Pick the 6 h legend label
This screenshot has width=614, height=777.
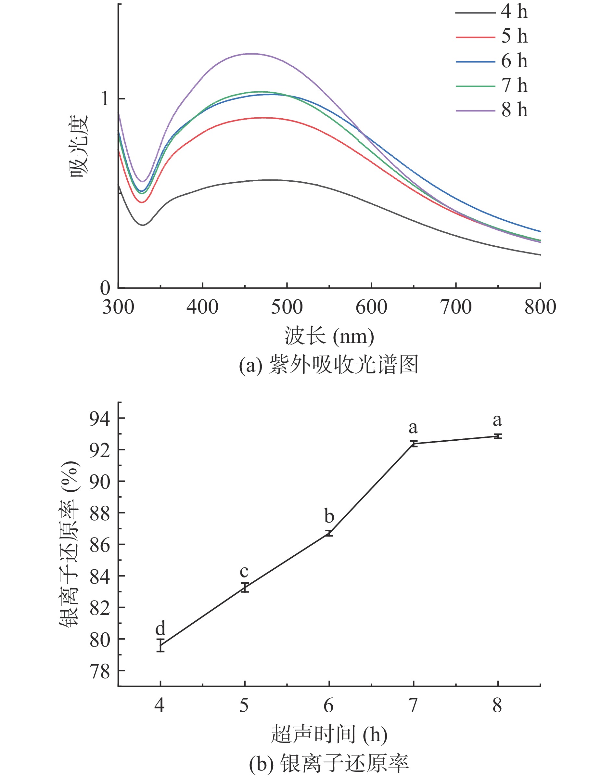tap(514, 61)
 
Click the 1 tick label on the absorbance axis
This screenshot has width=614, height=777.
tap(105, 98)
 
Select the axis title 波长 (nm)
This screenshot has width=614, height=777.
tap(329, 337)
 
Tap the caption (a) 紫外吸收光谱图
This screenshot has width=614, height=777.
tap(329, 365)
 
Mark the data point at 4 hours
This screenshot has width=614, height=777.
tap(160, 645)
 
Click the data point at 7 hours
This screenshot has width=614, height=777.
tap(414, 444)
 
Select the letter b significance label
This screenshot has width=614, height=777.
tap(329, 516)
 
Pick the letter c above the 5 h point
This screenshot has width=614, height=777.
tap(244, 571)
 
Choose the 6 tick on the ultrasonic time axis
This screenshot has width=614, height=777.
tap(328, 706)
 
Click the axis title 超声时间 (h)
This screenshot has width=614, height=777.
tap(329, 734)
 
